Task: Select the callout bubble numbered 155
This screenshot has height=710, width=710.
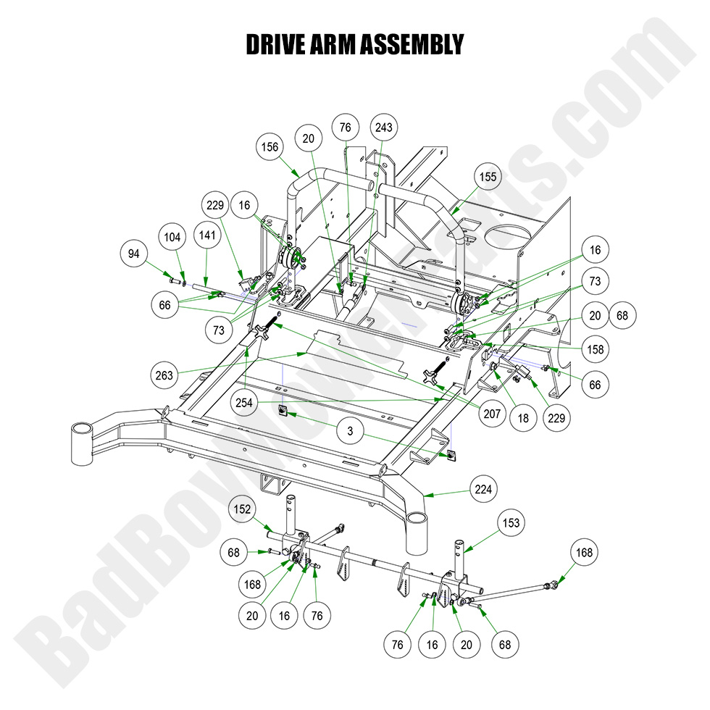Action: (x=487, y=176)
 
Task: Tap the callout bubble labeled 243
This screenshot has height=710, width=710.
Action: (x=383, y=128)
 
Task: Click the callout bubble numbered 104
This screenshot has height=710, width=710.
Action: (x=172, y=237)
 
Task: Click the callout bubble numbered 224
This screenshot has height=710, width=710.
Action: (x=483, y=489)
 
